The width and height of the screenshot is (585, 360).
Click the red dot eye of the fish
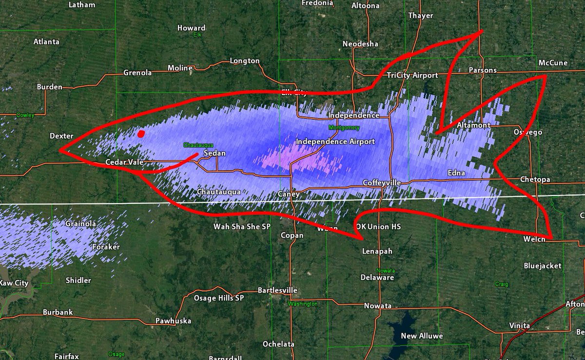click(141, 134)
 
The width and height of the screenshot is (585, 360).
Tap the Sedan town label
click(214, 153)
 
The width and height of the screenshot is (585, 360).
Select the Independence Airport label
click(335, 141)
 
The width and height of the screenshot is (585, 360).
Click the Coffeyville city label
click(382, 182)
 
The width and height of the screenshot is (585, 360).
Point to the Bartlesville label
click(277, 290)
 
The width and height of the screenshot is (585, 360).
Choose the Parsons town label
click(482, 70)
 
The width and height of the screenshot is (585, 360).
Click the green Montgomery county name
click(344, 128)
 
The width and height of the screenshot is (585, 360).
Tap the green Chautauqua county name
click(198, 145)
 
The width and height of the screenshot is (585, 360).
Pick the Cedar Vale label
click(124, 162)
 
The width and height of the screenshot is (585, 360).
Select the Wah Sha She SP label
click(242, 226)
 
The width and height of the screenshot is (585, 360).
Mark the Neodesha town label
click(360, 44)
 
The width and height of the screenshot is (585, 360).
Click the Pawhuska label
click(173, 320)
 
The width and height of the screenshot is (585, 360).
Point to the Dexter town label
click(61, 136)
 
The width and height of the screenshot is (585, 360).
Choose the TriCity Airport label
click(412, 75)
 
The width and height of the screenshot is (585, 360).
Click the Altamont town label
click(474, 125)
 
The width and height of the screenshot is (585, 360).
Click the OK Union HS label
click(378, 227)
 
